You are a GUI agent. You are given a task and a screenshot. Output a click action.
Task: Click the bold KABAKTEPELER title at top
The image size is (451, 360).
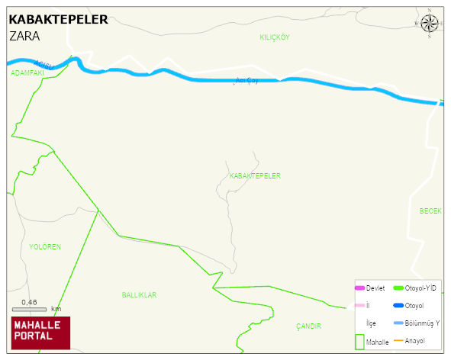coord(58,19)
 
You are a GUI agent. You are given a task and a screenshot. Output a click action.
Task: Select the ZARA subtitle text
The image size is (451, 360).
coord(24,36)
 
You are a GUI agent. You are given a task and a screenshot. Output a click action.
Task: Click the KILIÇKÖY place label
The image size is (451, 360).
coord(275,37)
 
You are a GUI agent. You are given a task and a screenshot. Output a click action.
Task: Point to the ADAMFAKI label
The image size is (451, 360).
coord(27,73)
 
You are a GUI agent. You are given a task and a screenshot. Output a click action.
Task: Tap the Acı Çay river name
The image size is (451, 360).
coord(246,80)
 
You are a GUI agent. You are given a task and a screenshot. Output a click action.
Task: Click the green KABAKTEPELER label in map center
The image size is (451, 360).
coord(255,176)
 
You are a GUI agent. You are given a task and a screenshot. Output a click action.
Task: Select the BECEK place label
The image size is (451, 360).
coord(431,211)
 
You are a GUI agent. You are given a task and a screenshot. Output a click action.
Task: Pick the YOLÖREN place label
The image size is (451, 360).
coord(45,247)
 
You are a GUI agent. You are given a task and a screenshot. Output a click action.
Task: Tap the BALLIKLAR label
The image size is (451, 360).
coord(139,294)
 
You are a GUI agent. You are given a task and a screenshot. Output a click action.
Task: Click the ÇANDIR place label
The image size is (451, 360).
coord(308,326)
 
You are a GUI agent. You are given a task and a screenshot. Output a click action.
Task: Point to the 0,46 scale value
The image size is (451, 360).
coord(29,302)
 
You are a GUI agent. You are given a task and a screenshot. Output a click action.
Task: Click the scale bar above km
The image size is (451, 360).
coord(29,310)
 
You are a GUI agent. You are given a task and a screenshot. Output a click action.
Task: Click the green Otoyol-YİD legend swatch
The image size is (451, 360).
coord(398,288)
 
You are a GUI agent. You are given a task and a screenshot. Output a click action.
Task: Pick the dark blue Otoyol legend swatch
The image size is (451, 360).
coord(398,306)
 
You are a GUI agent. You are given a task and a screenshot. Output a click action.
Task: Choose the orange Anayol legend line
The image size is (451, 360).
coord(398,340)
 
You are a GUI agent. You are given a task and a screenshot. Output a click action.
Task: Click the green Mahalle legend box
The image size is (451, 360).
coord(359,342)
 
